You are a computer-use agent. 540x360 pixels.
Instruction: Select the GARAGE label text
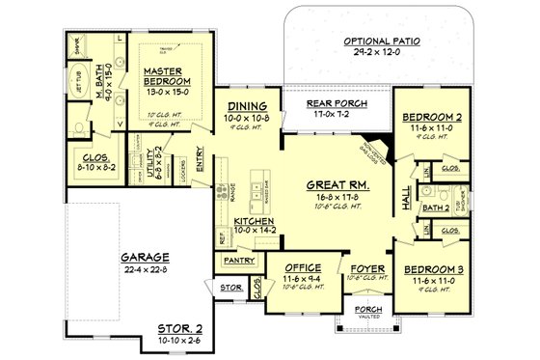coord(145,258)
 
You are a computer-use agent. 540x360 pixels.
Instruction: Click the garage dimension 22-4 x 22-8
coord(145,269)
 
